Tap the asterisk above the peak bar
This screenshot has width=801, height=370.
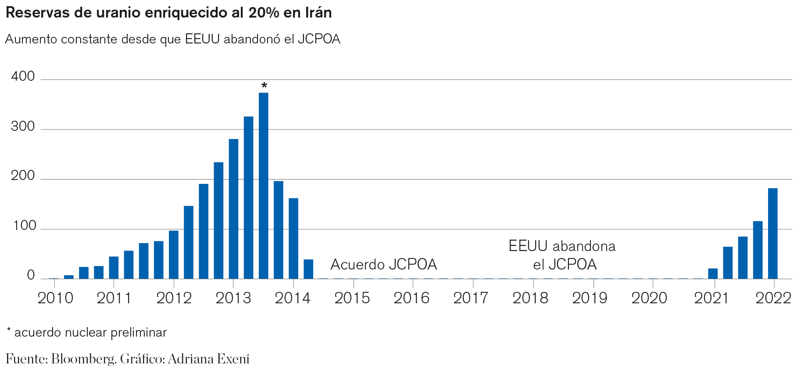click(264, 85)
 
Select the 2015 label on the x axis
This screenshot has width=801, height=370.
click(352, 298)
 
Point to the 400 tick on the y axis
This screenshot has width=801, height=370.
click(23, 76)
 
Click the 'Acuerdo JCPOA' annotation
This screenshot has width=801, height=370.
click(384, 265)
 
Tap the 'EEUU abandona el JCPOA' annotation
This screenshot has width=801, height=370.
click(562, 255)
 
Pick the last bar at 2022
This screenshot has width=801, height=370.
click(773, 233)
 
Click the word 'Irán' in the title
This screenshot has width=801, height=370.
click(317, 13)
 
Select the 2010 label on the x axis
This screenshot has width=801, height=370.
click(55, 298)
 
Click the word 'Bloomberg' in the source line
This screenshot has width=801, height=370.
click(83, 359)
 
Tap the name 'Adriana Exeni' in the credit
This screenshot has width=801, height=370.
click(208, 359)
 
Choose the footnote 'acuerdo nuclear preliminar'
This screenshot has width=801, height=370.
click(90, 333)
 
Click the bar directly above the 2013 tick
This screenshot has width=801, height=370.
click(234, 209)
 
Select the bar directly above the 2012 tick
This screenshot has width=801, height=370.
click(174, 255)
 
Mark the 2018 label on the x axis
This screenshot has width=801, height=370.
click(530, 298)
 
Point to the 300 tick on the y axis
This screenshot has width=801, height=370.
click(23, 126)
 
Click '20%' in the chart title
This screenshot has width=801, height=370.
click(264, 13)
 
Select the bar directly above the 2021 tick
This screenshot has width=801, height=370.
click(713, 273)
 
